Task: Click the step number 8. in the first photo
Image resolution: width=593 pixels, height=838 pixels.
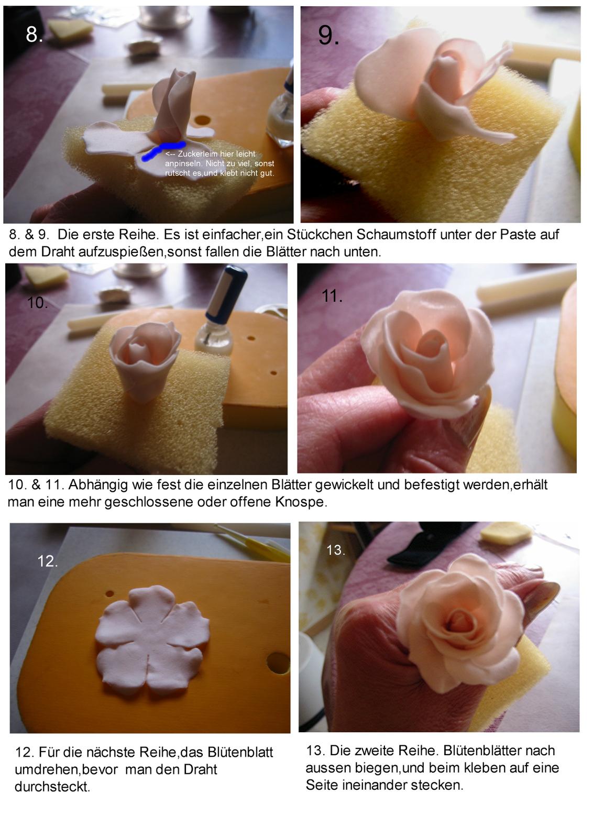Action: [x=34, y=35]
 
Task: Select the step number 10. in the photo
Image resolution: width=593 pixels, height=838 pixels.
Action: [x=37, y=303]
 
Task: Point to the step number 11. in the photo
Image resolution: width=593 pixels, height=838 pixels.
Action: [x=332, y=296]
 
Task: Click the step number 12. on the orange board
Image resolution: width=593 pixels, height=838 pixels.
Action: [x=48, y=561]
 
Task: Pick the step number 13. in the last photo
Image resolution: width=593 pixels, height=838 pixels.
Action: [x=336, y=550]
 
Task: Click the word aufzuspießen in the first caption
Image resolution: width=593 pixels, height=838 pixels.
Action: [x=121, y=252]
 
